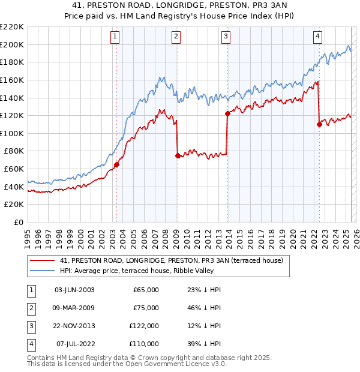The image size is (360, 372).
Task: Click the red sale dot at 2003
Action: coord(116,164)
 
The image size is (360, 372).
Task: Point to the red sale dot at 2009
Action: coord(178,155)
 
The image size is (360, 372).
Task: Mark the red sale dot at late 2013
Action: coord(227,113)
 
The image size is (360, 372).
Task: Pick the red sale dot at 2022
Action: coord(319,124)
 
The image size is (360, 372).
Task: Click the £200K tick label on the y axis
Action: coord(12,44)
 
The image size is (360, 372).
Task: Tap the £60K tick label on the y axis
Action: coord(14,169)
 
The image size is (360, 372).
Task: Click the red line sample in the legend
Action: coord(42,260)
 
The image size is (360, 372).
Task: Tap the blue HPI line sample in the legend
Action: coord(42,271)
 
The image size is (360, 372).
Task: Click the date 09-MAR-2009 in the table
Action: coord(74,308)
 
